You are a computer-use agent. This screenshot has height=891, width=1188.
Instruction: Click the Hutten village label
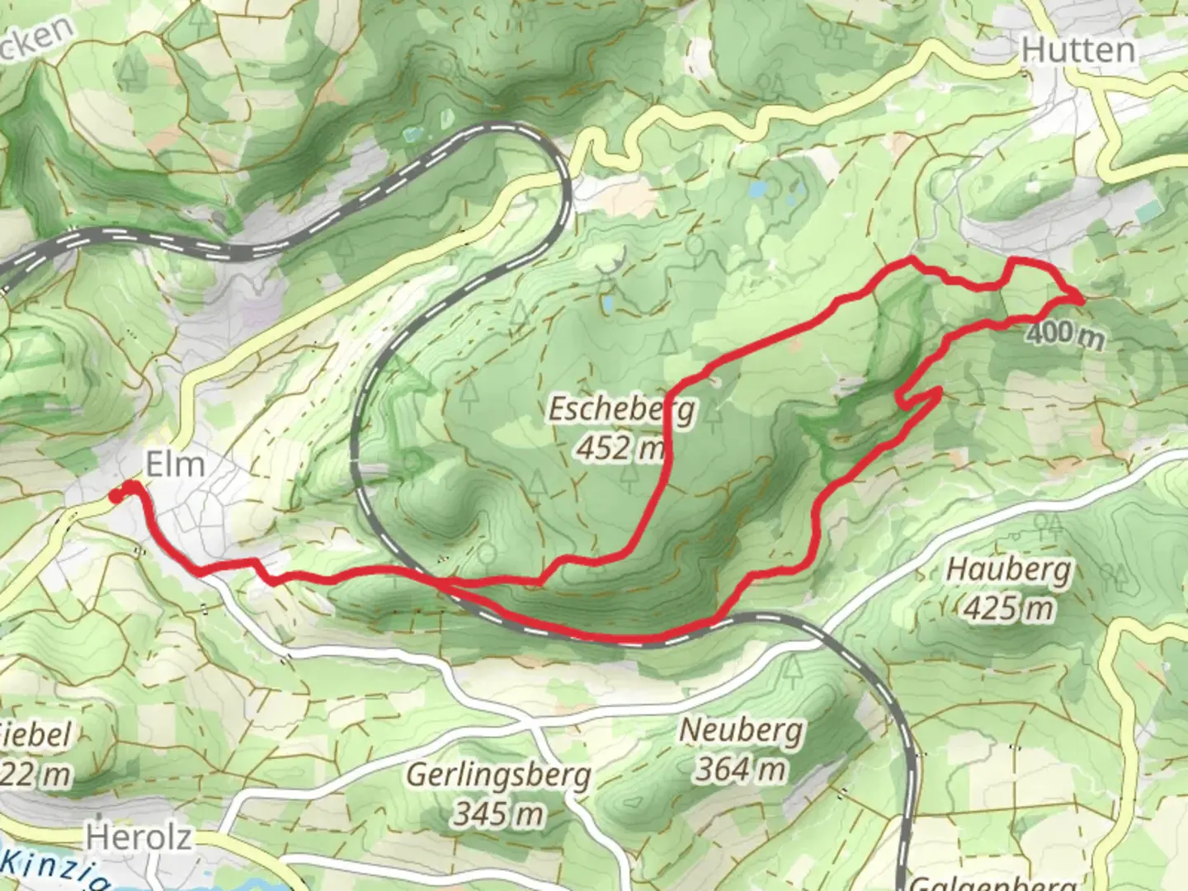coord(1077,51)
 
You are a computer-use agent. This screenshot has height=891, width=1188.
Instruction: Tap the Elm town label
coord(175,464)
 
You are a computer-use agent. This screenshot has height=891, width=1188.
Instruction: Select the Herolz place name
coord(139,837)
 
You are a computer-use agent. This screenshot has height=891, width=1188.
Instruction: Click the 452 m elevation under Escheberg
coord(620,448)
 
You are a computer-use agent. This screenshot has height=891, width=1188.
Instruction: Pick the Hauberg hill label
coord(1009,569)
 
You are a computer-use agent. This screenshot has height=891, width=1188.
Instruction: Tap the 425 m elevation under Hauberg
coord(1008,609)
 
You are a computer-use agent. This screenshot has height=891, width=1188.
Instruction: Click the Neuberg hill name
coord(740,730)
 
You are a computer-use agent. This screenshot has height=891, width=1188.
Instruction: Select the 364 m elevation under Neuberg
coord(740,769)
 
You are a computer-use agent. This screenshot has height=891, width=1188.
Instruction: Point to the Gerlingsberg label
coord(499,775)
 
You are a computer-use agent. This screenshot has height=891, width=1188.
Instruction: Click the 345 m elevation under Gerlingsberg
coord(498,814)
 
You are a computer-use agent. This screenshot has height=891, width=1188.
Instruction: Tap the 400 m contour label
coord(1065,334)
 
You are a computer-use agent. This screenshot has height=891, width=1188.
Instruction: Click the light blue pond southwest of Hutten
coord(757,190)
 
